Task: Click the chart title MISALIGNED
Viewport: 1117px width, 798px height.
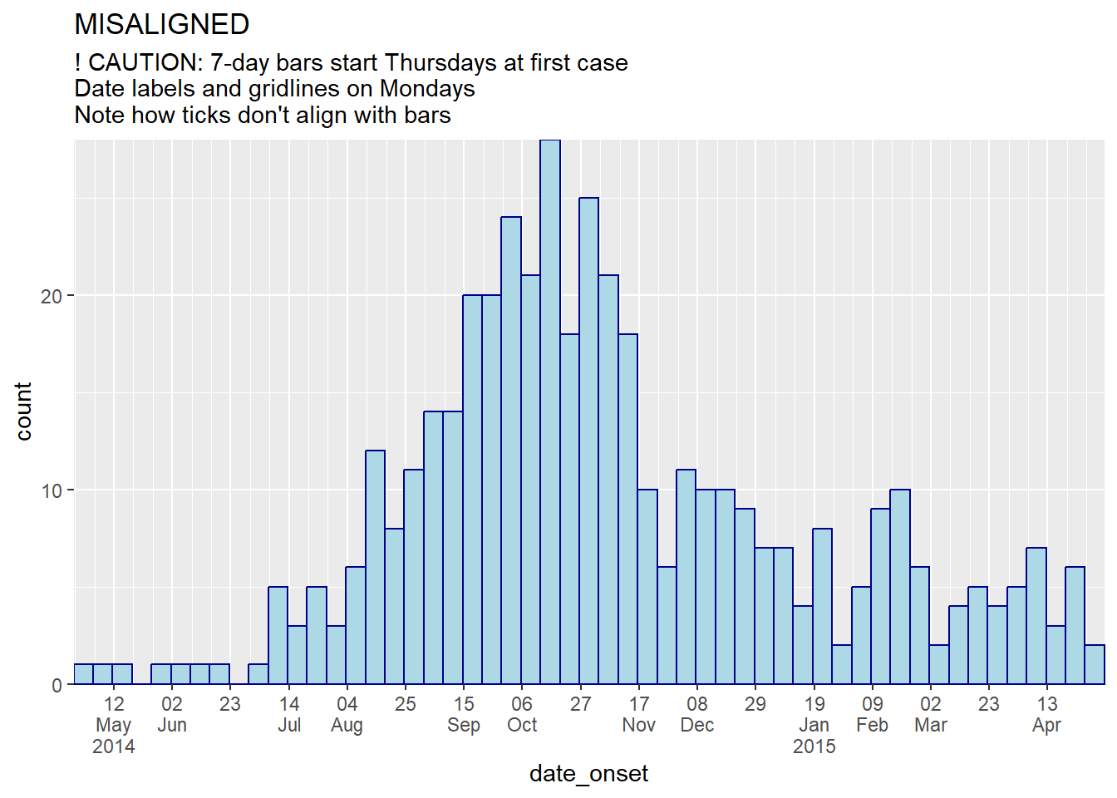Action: coord(161,24)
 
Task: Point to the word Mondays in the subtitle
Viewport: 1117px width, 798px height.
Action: coord(427,89)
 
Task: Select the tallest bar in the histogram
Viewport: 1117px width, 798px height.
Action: coord(550,412)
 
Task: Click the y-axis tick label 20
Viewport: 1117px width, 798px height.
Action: coord(52,296)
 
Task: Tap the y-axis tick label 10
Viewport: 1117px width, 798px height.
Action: coord(52,490)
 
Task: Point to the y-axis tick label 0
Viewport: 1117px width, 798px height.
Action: coord(57,685)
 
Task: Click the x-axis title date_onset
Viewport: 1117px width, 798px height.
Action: coord(588,774)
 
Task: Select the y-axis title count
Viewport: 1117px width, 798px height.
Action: coord(23,412)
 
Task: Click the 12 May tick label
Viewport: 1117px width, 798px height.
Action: coord(114,714)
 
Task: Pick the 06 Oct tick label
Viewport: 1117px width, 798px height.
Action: coord(522,714)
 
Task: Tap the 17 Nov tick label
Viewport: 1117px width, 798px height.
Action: coord(639,714)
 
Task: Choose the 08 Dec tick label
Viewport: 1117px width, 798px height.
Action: coord(697,714)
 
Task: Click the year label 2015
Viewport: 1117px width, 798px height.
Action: coord(814,746)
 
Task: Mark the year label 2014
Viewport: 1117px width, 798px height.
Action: coord(114,746)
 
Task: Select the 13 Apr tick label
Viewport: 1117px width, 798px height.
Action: coord(1046,714)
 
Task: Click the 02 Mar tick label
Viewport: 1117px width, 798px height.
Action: coord(931,714)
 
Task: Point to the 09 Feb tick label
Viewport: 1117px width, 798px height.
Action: coord(872,714)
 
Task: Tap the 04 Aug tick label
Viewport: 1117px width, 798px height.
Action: coord(347,714)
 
